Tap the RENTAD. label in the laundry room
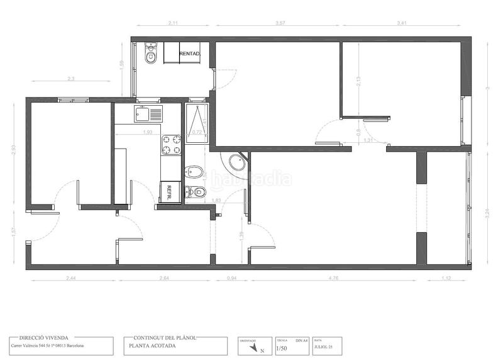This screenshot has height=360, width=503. [x=189, y=54]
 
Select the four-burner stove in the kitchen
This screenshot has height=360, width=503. [x=171, y=145]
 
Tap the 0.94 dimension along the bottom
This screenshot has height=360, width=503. [x=231, y=277]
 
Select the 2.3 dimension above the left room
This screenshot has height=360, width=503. [x=71, y=79]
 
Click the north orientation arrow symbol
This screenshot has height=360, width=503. [x=253, y=346]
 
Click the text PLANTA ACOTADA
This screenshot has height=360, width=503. [x=153, y=346]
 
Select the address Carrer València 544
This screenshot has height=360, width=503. [x=48, y=346]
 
